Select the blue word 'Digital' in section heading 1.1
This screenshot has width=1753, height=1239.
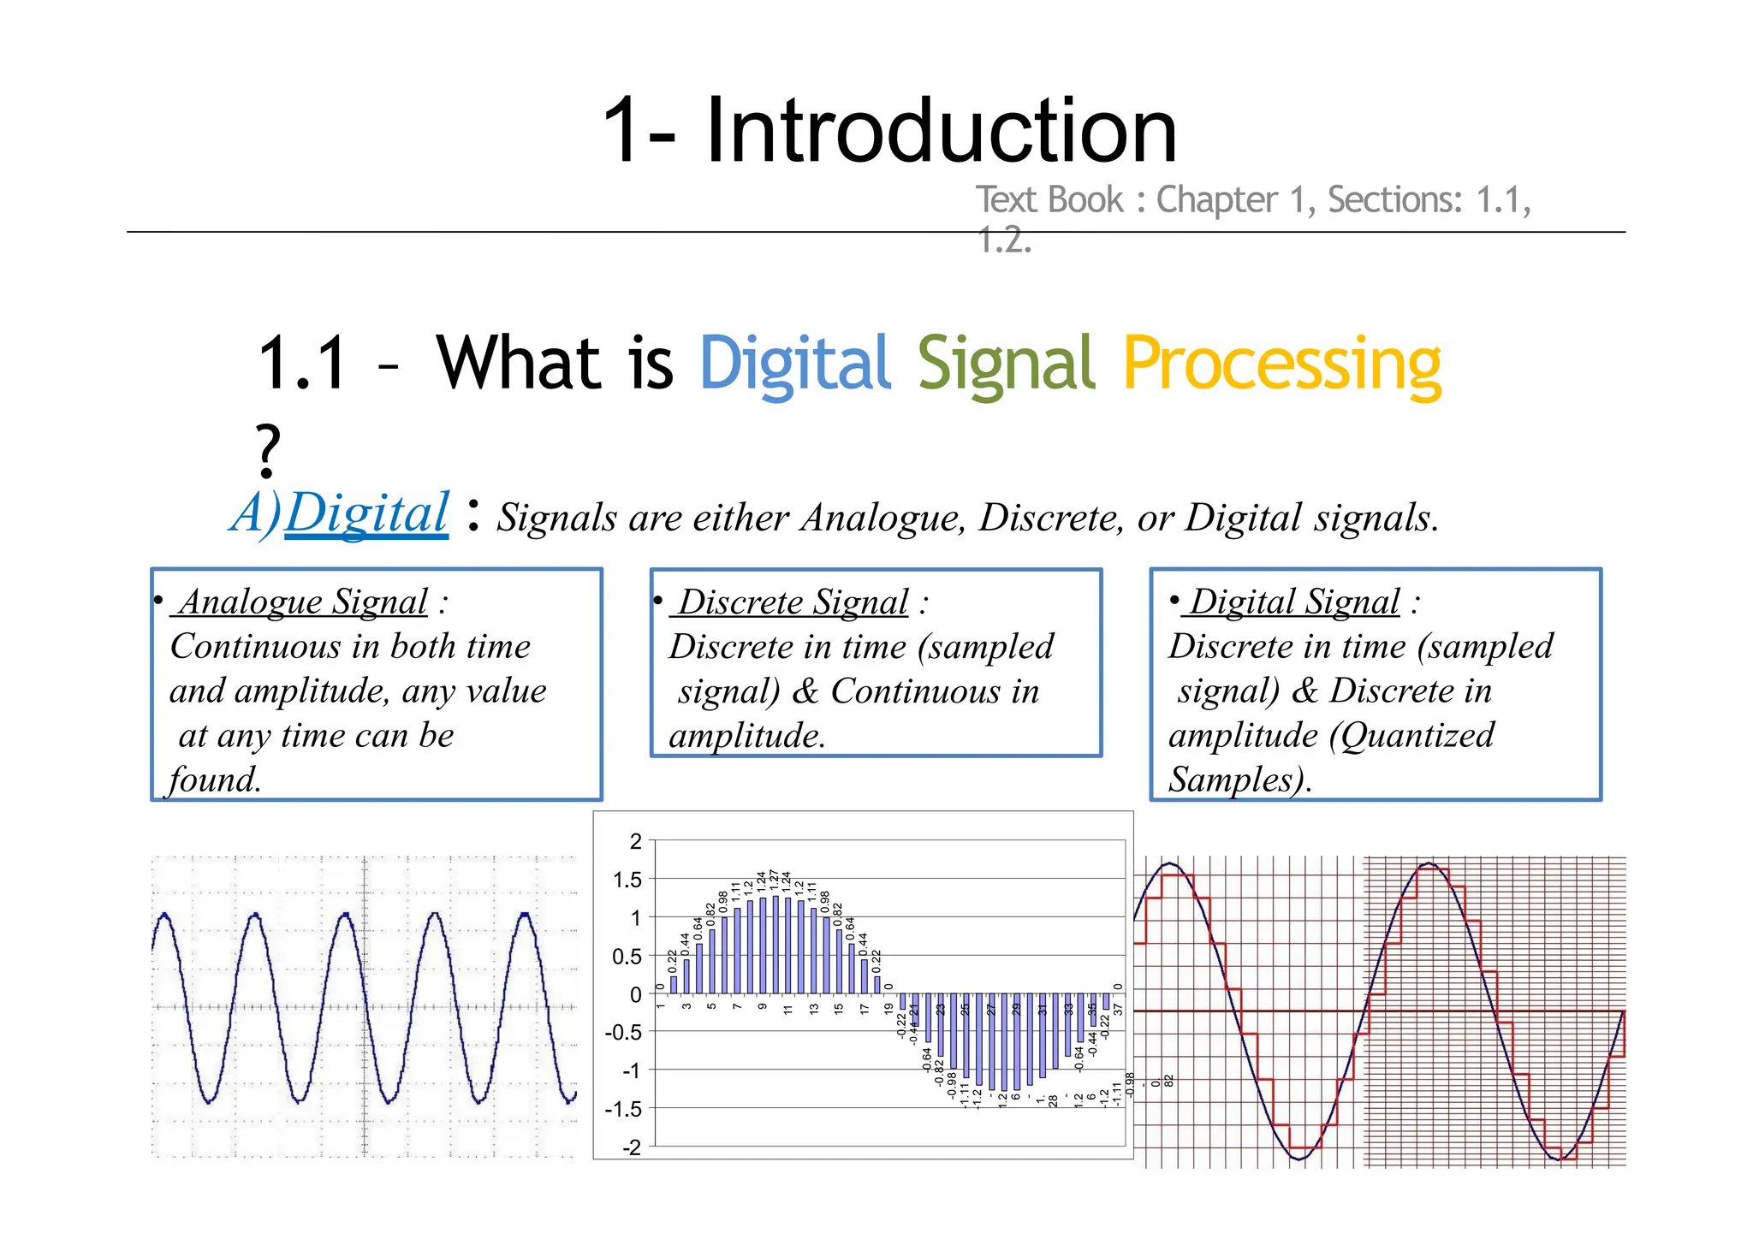coord(795,364)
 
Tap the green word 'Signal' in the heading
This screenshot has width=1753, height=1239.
coord(1006,364)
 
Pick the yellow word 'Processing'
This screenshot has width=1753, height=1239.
coord(1281,364)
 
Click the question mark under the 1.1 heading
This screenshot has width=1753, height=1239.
coord(268,450)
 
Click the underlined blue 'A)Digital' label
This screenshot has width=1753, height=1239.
coord(340,513)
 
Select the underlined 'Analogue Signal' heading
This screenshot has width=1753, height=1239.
coord(303,602)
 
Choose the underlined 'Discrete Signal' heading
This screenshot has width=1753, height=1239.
coord(793,602)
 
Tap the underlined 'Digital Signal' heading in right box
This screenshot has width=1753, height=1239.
coord(1294,602)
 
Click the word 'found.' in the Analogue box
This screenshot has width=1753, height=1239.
coord(215,780)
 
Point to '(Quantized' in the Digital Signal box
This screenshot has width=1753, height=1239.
coord(1411,735)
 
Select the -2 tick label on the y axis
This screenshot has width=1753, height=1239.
coord(631,1147)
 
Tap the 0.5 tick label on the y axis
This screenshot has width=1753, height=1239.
coord(627,957)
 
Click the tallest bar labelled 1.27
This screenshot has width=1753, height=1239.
coord(775,945)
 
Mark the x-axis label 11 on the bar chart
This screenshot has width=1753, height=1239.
coord(787,1009)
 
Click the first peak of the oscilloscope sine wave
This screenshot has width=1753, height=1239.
coord(164,917)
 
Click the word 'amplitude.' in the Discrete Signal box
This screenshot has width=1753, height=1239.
coord(747,736)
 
